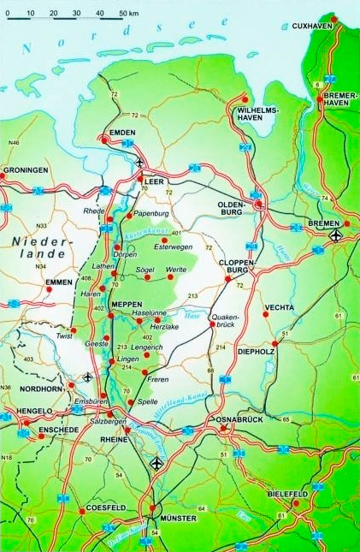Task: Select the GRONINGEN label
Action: (x=26, y=170)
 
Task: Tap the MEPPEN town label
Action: (x=127, y=304)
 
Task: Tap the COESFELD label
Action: (x=107, y=507)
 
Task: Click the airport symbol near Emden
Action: (x=139, y=160)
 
